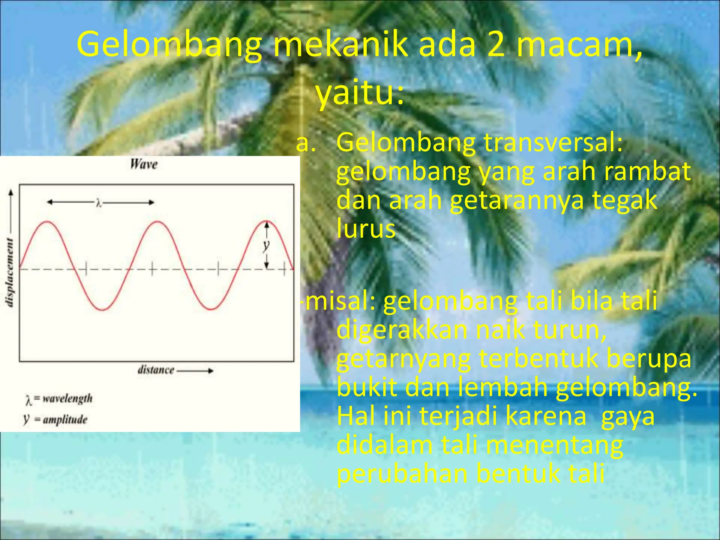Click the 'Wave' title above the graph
(x=144, y=164)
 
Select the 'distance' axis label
(x=156, y=370)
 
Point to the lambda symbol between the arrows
(x=99, y=203)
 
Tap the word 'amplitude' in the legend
(x=65, y=419)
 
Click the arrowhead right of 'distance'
(x=210, y=371)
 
